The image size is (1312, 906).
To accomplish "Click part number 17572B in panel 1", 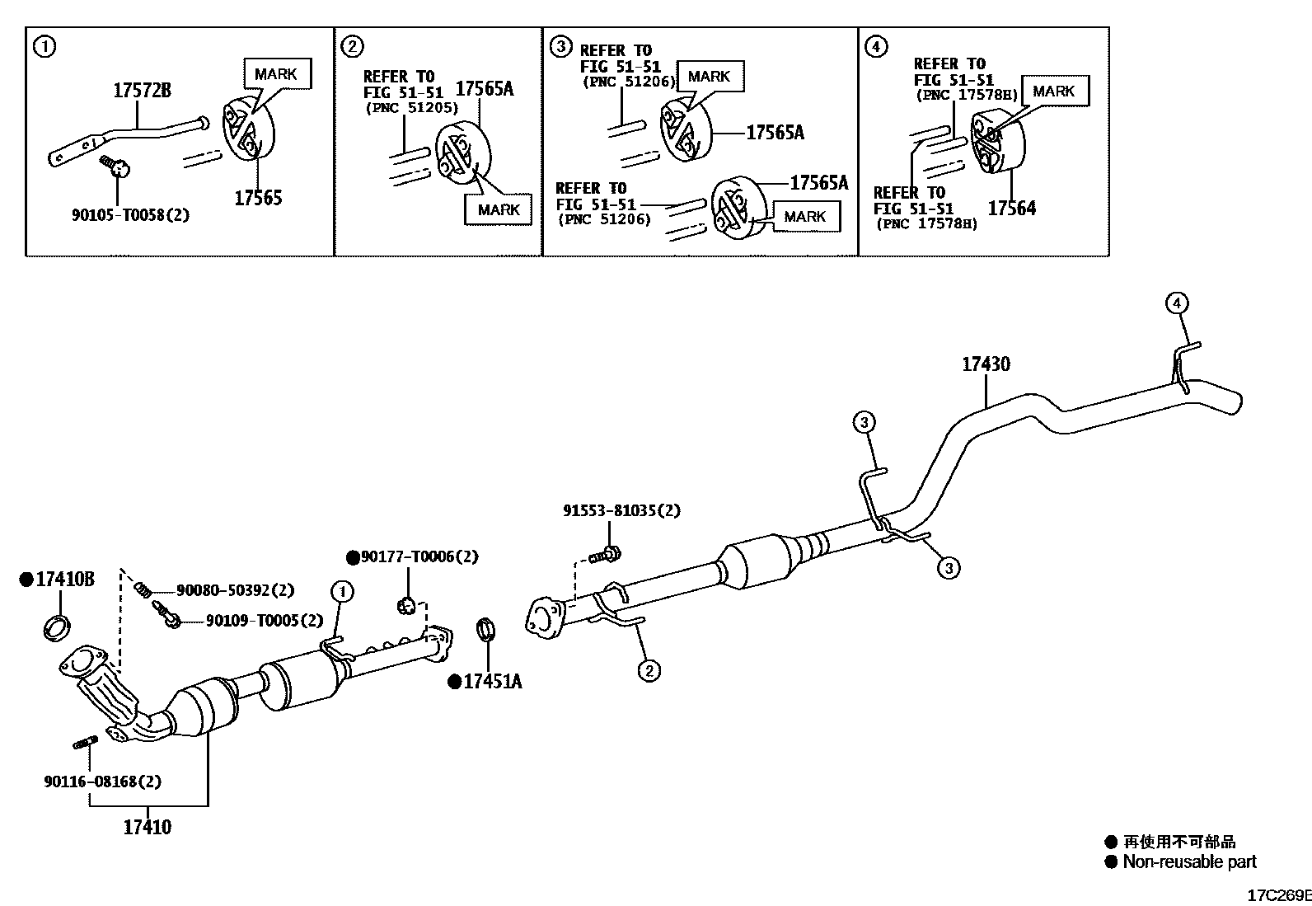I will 142,91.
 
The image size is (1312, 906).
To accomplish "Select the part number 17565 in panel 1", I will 258,198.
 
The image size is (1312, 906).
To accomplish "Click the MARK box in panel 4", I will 1054,92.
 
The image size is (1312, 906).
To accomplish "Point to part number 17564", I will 1011,209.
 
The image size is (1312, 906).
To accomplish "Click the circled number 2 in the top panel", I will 352,46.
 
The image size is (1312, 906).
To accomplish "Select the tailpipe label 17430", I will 986,364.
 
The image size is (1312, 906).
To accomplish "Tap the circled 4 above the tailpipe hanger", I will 1177,303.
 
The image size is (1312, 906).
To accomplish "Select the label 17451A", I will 492,682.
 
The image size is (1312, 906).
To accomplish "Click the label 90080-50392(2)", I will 235,591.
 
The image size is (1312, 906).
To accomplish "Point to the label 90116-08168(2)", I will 103,782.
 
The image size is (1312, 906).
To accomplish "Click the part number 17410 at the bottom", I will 148,827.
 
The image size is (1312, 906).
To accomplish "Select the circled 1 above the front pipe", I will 342,591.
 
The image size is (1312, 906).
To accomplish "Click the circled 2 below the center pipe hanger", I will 649,671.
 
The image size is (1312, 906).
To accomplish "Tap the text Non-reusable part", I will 1189,862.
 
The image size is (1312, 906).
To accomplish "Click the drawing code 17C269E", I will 1277,895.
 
